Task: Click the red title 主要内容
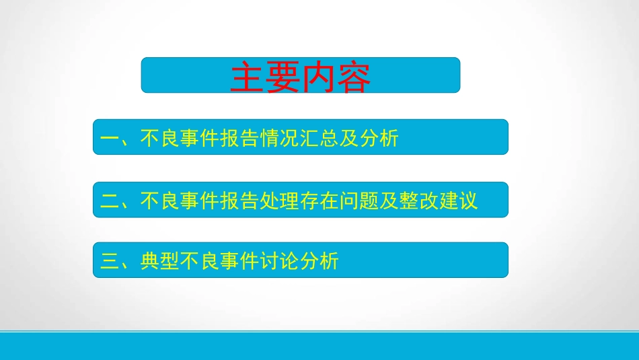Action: [300, 77]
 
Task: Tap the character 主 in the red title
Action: [247, 78]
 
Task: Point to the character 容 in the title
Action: [353, 78]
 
